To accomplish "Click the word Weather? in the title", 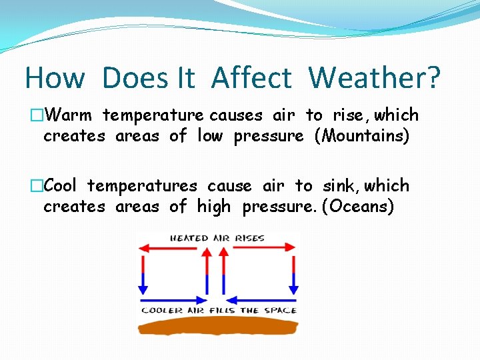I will point(374,78).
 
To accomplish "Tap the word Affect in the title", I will point(251,78).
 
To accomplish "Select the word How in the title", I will point(55,78).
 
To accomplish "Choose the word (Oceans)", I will point(358,207).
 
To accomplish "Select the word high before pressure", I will point(213,207).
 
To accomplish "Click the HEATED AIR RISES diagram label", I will point(217,238).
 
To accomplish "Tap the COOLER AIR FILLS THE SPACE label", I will point(219,311).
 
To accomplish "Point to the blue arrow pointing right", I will point(173,298).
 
